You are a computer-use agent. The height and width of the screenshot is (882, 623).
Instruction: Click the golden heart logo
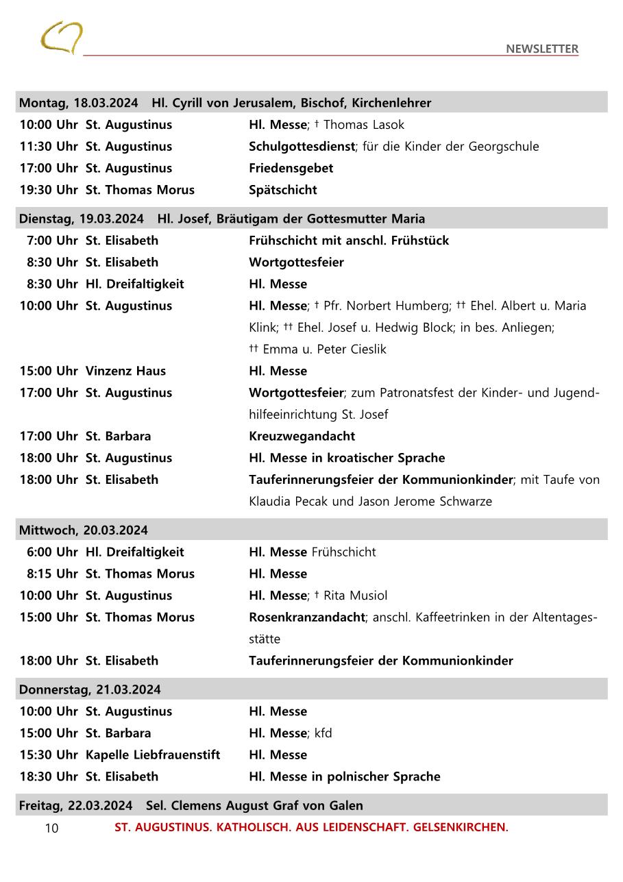click(61, 37)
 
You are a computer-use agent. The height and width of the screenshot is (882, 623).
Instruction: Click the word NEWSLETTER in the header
click(541, 49)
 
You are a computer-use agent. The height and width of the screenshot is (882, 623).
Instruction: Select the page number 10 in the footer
click(52, 828)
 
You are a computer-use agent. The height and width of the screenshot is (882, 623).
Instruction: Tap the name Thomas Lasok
click(364, 125)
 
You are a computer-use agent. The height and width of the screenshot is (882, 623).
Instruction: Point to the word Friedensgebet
click(291, 168)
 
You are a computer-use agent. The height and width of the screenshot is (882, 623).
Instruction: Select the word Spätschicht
click(282, 190)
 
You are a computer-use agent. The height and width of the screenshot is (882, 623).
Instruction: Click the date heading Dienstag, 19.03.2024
click(81, 219)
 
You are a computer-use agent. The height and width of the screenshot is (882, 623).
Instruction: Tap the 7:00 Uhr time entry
click(52, 241)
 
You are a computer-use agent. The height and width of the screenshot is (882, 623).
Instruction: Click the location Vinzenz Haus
click(125, 371)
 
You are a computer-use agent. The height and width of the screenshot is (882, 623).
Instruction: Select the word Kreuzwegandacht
click(302, 436)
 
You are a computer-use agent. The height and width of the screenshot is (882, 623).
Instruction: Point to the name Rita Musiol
click(355, 596)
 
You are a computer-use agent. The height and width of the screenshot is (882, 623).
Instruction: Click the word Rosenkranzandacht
click(306, 617)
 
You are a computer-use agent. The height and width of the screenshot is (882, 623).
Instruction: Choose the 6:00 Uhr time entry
click(52, 552)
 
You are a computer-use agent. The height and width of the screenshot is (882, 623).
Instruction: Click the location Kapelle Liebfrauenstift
click(153, 755)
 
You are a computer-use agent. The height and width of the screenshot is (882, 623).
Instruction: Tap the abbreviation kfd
click(323, 733)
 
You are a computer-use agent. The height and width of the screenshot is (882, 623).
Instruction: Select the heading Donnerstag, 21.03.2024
click(90, 689)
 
